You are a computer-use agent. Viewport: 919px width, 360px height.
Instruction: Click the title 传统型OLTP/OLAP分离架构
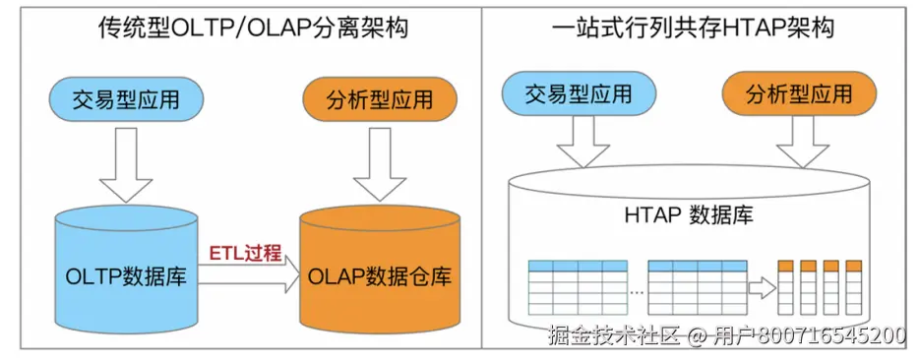pos(240,28)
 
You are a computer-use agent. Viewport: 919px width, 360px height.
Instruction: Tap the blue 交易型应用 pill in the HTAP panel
pos(579,94)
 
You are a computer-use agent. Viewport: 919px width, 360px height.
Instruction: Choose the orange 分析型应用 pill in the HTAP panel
pos(799,94)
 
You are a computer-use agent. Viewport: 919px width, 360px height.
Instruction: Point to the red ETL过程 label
pos(245,252)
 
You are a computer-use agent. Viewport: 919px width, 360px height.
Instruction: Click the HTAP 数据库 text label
pos(688,214)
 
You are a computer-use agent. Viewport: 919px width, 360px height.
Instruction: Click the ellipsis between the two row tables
pos(637,292)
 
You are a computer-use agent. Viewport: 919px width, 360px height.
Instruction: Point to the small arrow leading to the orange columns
pos(761,287)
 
